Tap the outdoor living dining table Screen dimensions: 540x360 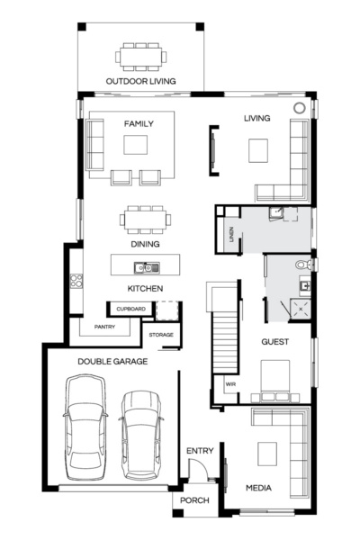tap(139, 57)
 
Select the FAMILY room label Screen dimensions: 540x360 tap(139, 124)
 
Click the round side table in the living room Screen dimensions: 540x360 tap(299, 108)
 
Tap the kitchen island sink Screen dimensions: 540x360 tap(144, 266)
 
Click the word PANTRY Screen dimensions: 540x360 tap(104, 327)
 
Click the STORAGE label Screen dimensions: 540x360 tap(162, 335)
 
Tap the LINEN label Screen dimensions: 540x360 tap(232, 236)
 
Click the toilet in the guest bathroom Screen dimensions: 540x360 tap(303, 265)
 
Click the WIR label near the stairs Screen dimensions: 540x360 tap(230, 384)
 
